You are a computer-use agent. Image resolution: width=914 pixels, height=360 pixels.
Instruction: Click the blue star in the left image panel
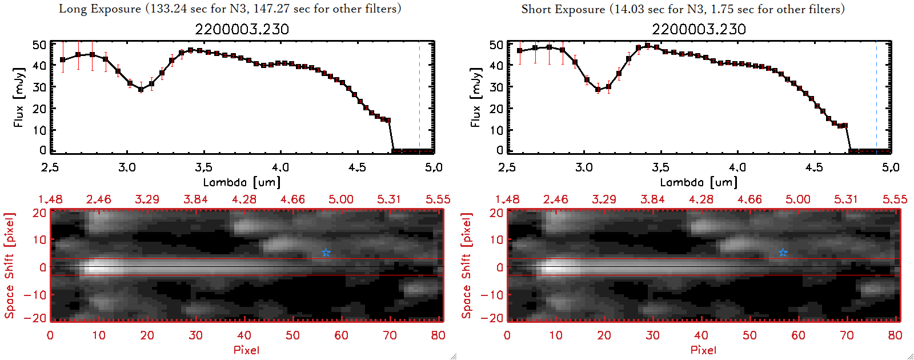326,253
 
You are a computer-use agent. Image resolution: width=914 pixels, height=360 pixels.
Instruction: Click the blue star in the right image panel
783,253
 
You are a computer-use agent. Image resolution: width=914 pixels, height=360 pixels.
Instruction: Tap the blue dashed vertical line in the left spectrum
419,97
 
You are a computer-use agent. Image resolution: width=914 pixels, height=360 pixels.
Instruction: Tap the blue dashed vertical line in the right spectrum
876,97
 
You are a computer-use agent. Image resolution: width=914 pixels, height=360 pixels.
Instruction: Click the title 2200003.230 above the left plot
242,30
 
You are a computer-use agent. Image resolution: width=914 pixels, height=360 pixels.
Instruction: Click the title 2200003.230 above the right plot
699,30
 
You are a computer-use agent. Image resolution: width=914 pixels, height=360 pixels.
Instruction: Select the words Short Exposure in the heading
563,9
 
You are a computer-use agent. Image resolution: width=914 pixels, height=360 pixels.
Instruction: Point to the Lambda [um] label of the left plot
242,182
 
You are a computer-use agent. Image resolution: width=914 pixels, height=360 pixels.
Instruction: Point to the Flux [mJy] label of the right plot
475,97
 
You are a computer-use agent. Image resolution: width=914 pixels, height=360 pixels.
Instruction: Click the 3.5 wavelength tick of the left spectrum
203,167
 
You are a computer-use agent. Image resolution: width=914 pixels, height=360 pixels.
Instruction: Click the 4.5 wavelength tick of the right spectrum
814,167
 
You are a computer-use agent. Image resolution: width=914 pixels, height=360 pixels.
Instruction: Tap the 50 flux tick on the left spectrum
39,45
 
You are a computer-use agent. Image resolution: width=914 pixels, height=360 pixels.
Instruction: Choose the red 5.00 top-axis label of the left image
340,199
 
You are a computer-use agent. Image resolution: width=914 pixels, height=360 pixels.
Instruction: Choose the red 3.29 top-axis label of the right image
604,199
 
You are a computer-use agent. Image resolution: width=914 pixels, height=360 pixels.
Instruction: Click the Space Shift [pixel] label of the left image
9,265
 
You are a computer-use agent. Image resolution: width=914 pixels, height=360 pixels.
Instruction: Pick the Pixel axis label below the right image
703,350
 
